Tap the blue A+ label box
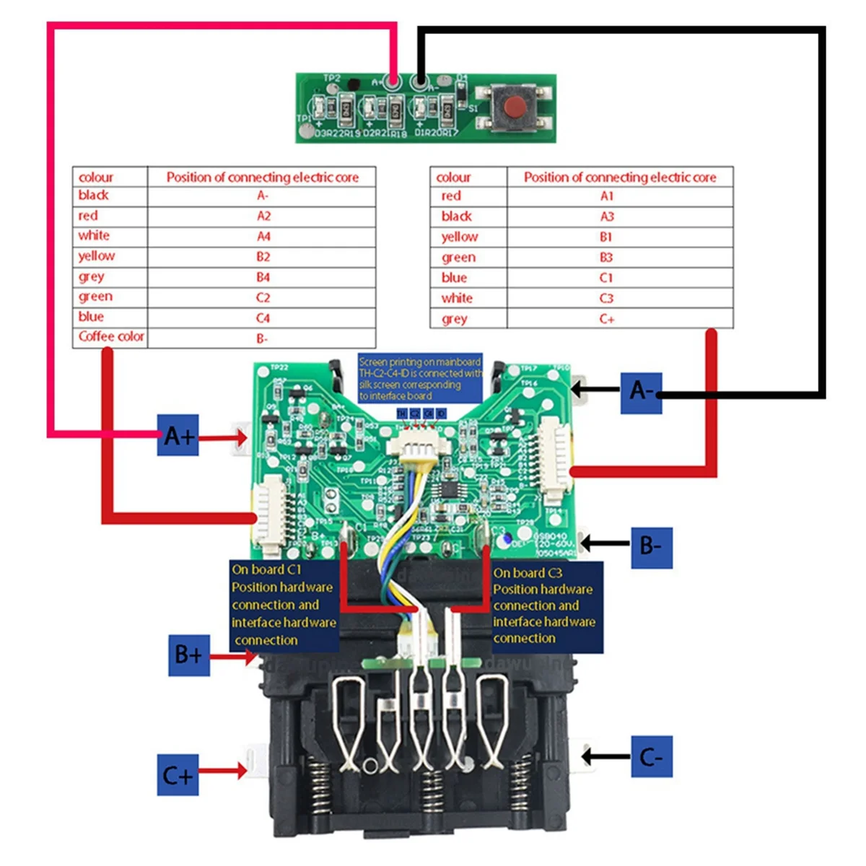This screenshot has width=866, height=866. coord(178,435)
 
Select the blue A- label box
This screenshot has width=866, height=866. coord(641,392)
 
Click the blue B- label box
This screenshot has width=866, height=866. coord(651,546)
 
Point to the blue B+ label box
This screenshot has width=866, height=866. coord(188,655)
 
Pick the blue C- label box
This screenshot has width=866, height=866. coord(652,757)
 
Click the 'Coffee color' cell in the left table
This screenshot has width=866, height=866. coord(111,336)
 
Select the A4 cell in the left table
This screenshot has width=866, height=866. coord(263,236)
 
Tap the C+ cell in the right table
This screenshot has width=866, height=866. coord(607,318)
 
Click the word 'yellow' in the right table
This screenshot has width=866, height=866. coord(460,237)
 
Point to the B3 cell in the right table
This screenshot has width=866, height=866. coord(606,257)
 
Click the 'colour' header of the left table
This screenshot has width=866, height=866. coord(96,177)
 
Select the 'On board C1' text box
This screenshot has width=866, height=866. coord(283,605)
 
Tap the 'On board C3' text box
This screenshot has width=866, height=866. coord(546,606)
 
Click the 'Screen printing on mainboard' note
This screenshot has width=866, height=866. coord(420,378)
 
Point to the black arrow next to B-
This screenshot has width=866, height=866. coord(605,543)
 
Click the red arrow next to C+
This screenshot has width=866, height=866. coord(222,771)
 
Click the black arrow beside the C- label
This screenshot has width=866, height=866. coord(605,756)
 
